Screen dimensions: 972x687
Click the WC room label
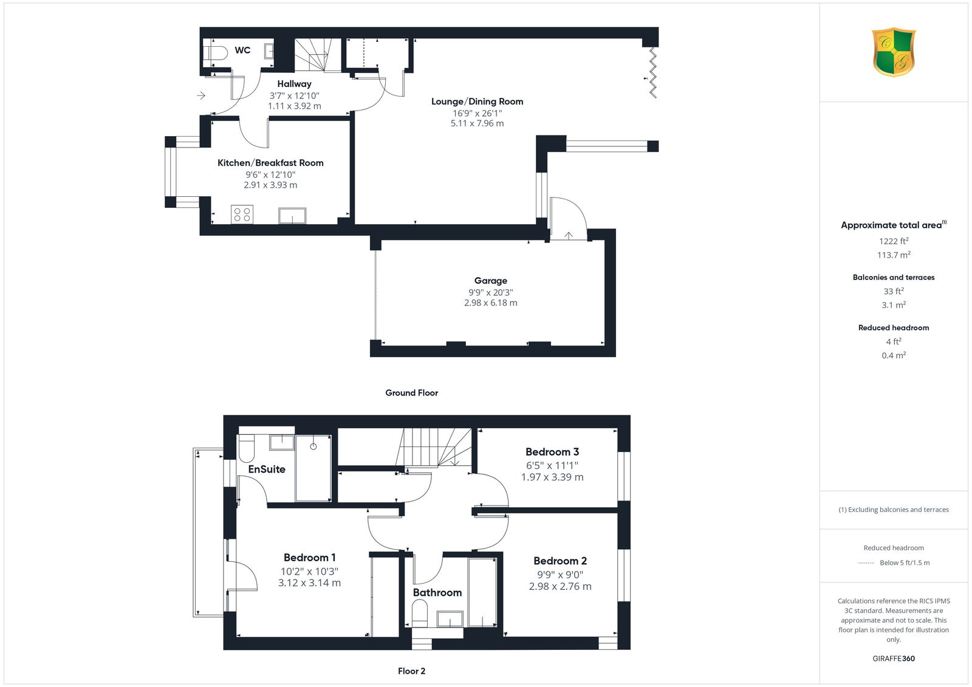[242, 50]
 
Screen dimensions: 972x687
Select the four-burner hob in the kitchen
[242, 214]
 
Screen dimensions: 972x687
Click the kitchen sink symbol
[292, 216]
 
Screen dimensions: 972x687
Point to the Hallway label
[294, 84]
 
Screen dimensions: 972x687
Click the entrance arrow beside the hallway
[201, 95]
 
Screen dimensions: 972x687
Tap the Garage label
[490, 281]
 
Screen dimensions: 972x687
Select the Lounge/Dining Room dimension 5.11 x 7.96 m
[477, 123]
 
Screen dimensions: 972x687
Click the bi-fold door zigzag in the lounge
[652, 72]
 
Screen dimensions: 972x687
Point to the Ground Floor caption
[411, 393]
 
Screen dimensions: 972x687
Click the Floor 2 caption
[411, 671]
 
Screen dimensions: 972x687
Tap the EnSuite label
[267, 469]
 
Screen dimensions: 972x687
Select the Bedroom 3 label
[552, 452]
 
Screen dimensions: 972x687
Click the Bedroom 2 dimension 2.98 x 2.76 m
[560, 586]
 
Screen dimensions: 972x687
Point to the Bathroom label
[437, 592]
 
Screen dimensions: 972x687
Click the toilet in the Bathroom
[420, 614]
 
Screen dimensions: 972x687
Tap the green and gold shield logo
[894, 52]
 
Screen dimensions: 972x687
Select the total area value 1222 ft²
[894, 241]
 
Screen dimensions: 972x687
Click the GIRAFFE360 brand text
[894, 658]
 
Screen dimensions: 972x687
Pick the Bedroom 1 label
[309, 558]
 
